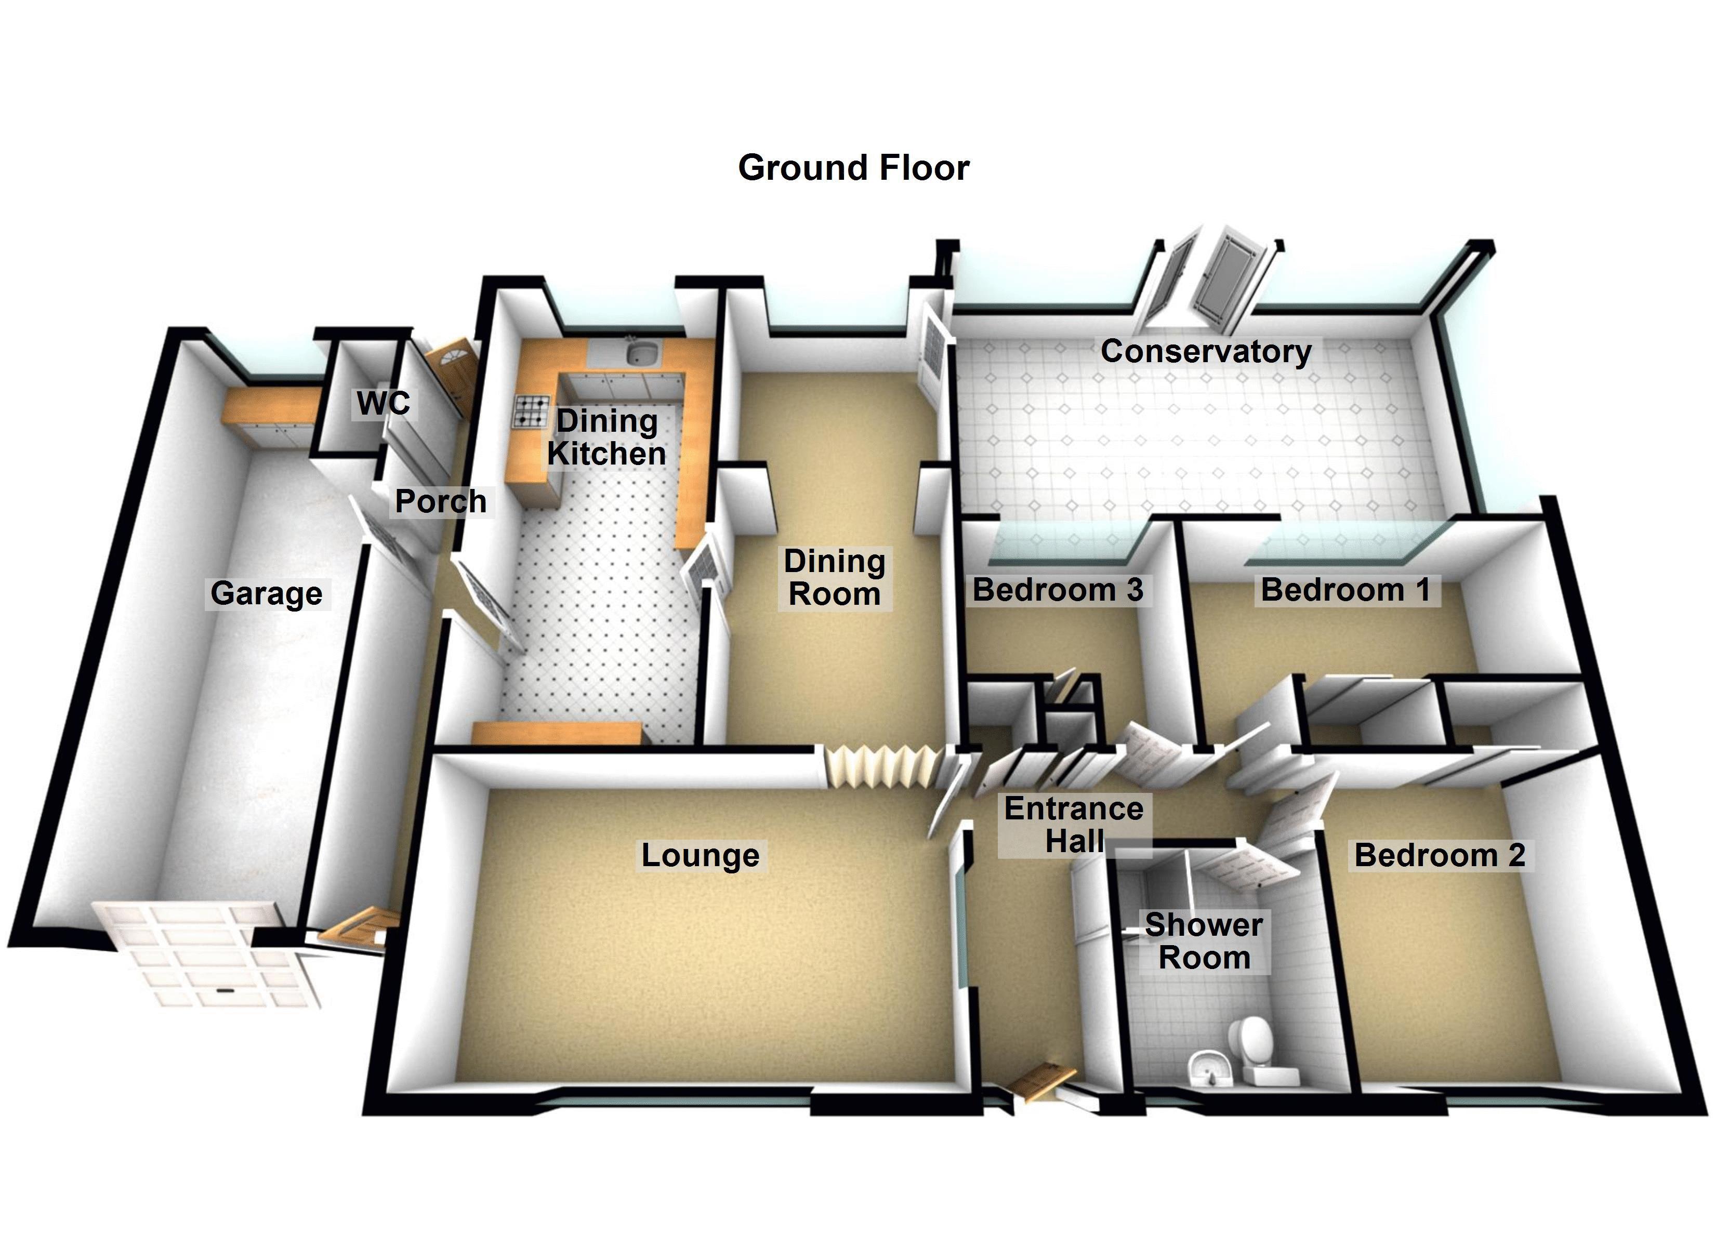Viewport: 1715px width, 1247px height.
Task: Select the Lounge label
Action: point(700,855)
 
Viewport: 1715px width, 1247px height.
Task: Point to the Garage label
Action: point(266,594)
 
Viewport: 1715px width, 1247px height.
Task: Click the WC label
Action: point(384,404)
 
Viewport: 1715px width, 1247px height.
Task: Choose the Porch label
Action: point(441,501)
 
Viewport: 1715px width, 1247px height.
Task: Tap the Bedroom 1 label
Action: point(1345,590)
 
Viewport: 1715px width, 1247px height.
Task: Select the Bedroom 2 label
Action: point(1439,855)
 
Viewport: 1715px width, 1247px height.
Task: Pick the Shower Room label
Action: point(1204,941)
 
